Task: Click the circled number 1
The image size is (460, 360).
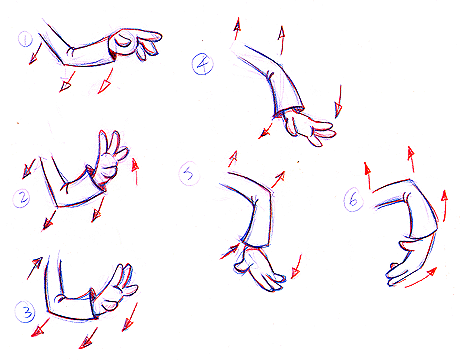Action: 25,39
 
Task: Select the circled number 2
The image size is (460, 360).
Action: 22,198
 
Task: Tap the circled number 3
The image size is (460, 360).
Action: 26,312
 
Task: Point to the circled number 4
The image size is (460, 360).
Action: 203,64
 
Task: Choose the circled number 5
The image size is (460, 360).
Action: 189,174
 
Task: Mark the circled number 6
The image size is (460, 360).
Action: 353,199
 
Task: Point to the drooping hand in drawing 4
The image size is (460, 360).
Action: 308,128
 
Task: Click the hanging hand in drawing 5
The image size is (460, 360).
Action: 258,268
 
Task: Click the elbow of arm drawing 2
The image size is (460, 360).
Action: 57,206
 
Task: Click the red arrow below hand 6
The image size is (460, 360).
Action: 421,277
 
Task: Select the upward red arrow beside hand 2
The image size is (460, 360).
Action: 135,172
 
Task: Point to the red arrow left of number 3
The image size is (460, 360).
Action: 35,268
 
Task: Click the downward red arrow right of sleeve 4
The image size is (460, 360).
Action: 339,101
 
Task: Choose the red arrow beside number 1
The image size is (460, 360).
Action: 35,53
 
